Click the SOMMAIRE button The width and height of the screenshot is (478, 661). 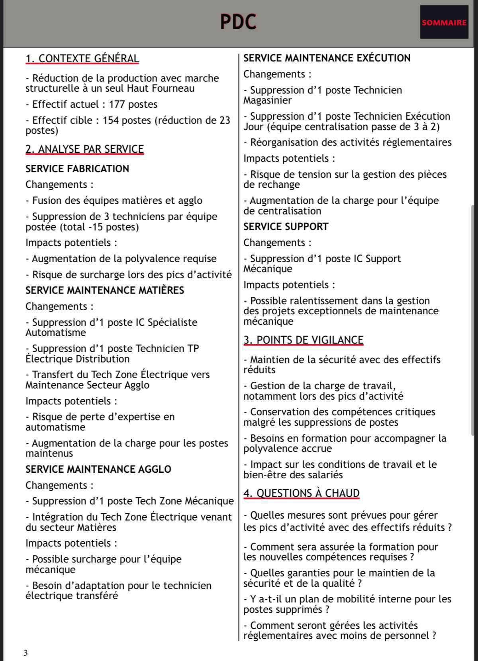[444, 22]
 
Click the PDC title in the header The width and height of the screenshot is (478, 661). [238, 22]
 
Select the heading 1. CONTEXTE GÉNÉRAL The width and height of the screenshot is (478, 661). [82, 59]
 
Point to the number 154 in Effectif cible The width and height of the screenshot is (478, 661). [111, 120]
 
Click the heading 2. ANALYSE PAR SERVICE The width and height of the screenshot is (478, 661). [84, 149]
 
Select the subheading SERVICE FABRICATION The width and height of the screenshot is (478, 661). [77, 169]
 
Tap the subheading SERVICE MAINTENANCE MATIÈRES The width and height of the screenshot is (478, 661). [105, 290]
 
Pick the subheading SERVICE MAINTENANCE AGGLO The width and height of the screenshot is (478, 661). [98, 469]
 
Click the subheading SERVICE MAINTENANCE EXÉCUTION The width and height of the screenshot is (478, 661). [327, 58]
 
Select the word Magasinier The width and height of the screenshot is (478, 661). [268, 101]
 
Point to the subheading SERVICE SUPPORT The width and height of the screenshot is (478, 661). [286, 227]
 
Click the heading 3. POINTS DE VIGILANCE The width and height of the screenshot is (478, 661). [304, 340]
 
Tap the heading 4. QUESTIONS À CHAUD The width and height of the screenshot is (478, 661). [302, 493]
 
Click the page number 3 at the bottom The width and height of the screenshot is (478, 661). [25, 653]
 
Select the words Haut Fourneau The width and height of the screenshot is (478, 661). [161, 88]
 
